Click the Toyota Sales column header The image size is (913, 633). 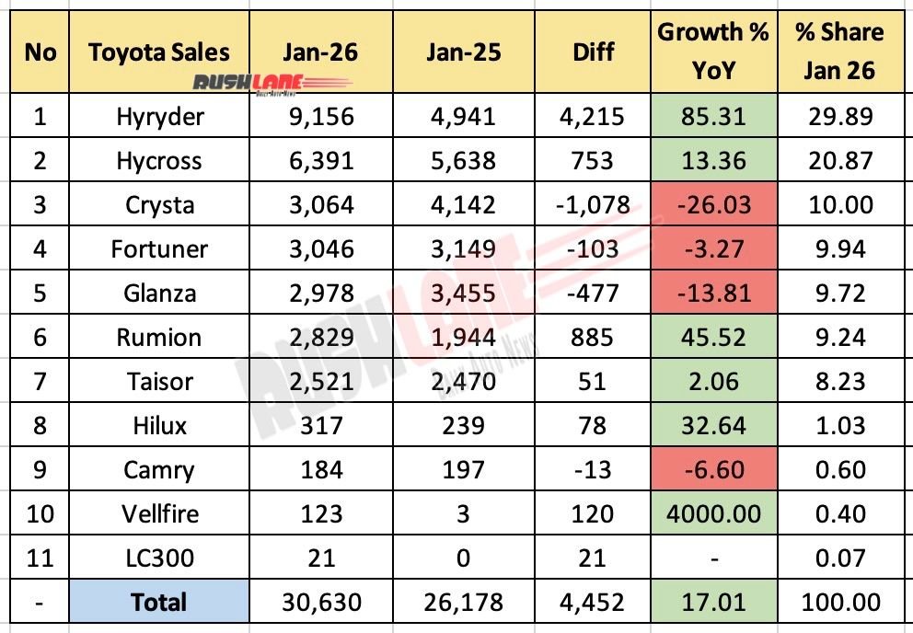coord(159,52)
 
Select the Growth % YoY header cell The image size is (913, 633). coord(713,52)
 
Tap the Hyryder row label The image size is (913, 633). coord(159,117)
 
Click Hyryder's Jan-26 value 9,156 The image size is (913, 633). coord(319,117)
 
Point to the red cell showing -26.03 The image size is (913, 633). coord(713,205)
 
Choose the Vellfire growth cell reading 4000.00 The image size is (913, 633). coord(713,513)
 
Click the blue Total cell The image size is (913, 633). coord(159,603)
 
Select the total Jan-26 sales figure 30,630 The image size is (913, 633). coord(319,603)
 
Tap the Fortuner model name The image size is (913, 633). coord(159,249)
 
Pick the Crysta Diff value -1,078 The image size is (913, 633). coord(592,205)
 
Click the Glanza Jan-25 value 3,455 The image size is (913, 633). coord(464,293)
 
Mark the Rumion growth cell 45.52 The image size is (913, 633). coord(713,338)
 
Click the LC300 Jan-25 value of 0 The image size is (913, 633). coord(464,558)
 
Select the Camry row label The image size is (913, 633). coord(159,470)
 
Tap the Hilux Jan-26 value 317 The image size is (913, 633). coord(319,426)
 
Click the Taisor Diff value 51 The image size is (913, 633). coord(592,382)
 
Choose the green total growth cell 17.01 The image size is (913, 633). coord(713,603)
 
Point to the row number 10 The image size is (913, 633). coord(40,513)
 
